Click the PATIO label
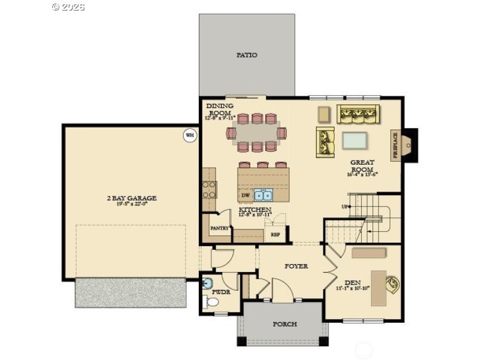click(x=247, y=55)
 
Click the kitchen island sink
click(x=263, y=195)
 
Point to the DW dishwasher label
click(x=245, y=195)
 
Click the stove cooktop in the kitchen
click(x=209, y=190)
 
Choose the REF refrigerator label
click(x=275, y=235)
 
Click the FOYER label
click(x=296, y=266)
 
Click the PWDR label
click(x=221, y=292)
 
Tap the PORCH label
click(x=284, y=324)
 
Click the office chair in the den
click(x=393, y=283)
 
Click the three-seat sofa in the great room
click(x=358, y=113)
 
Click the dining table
click(x=256, y=132)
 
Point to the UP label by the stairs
click(x=345, y=207)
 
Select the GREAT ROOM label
click(x=362, y=166)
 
